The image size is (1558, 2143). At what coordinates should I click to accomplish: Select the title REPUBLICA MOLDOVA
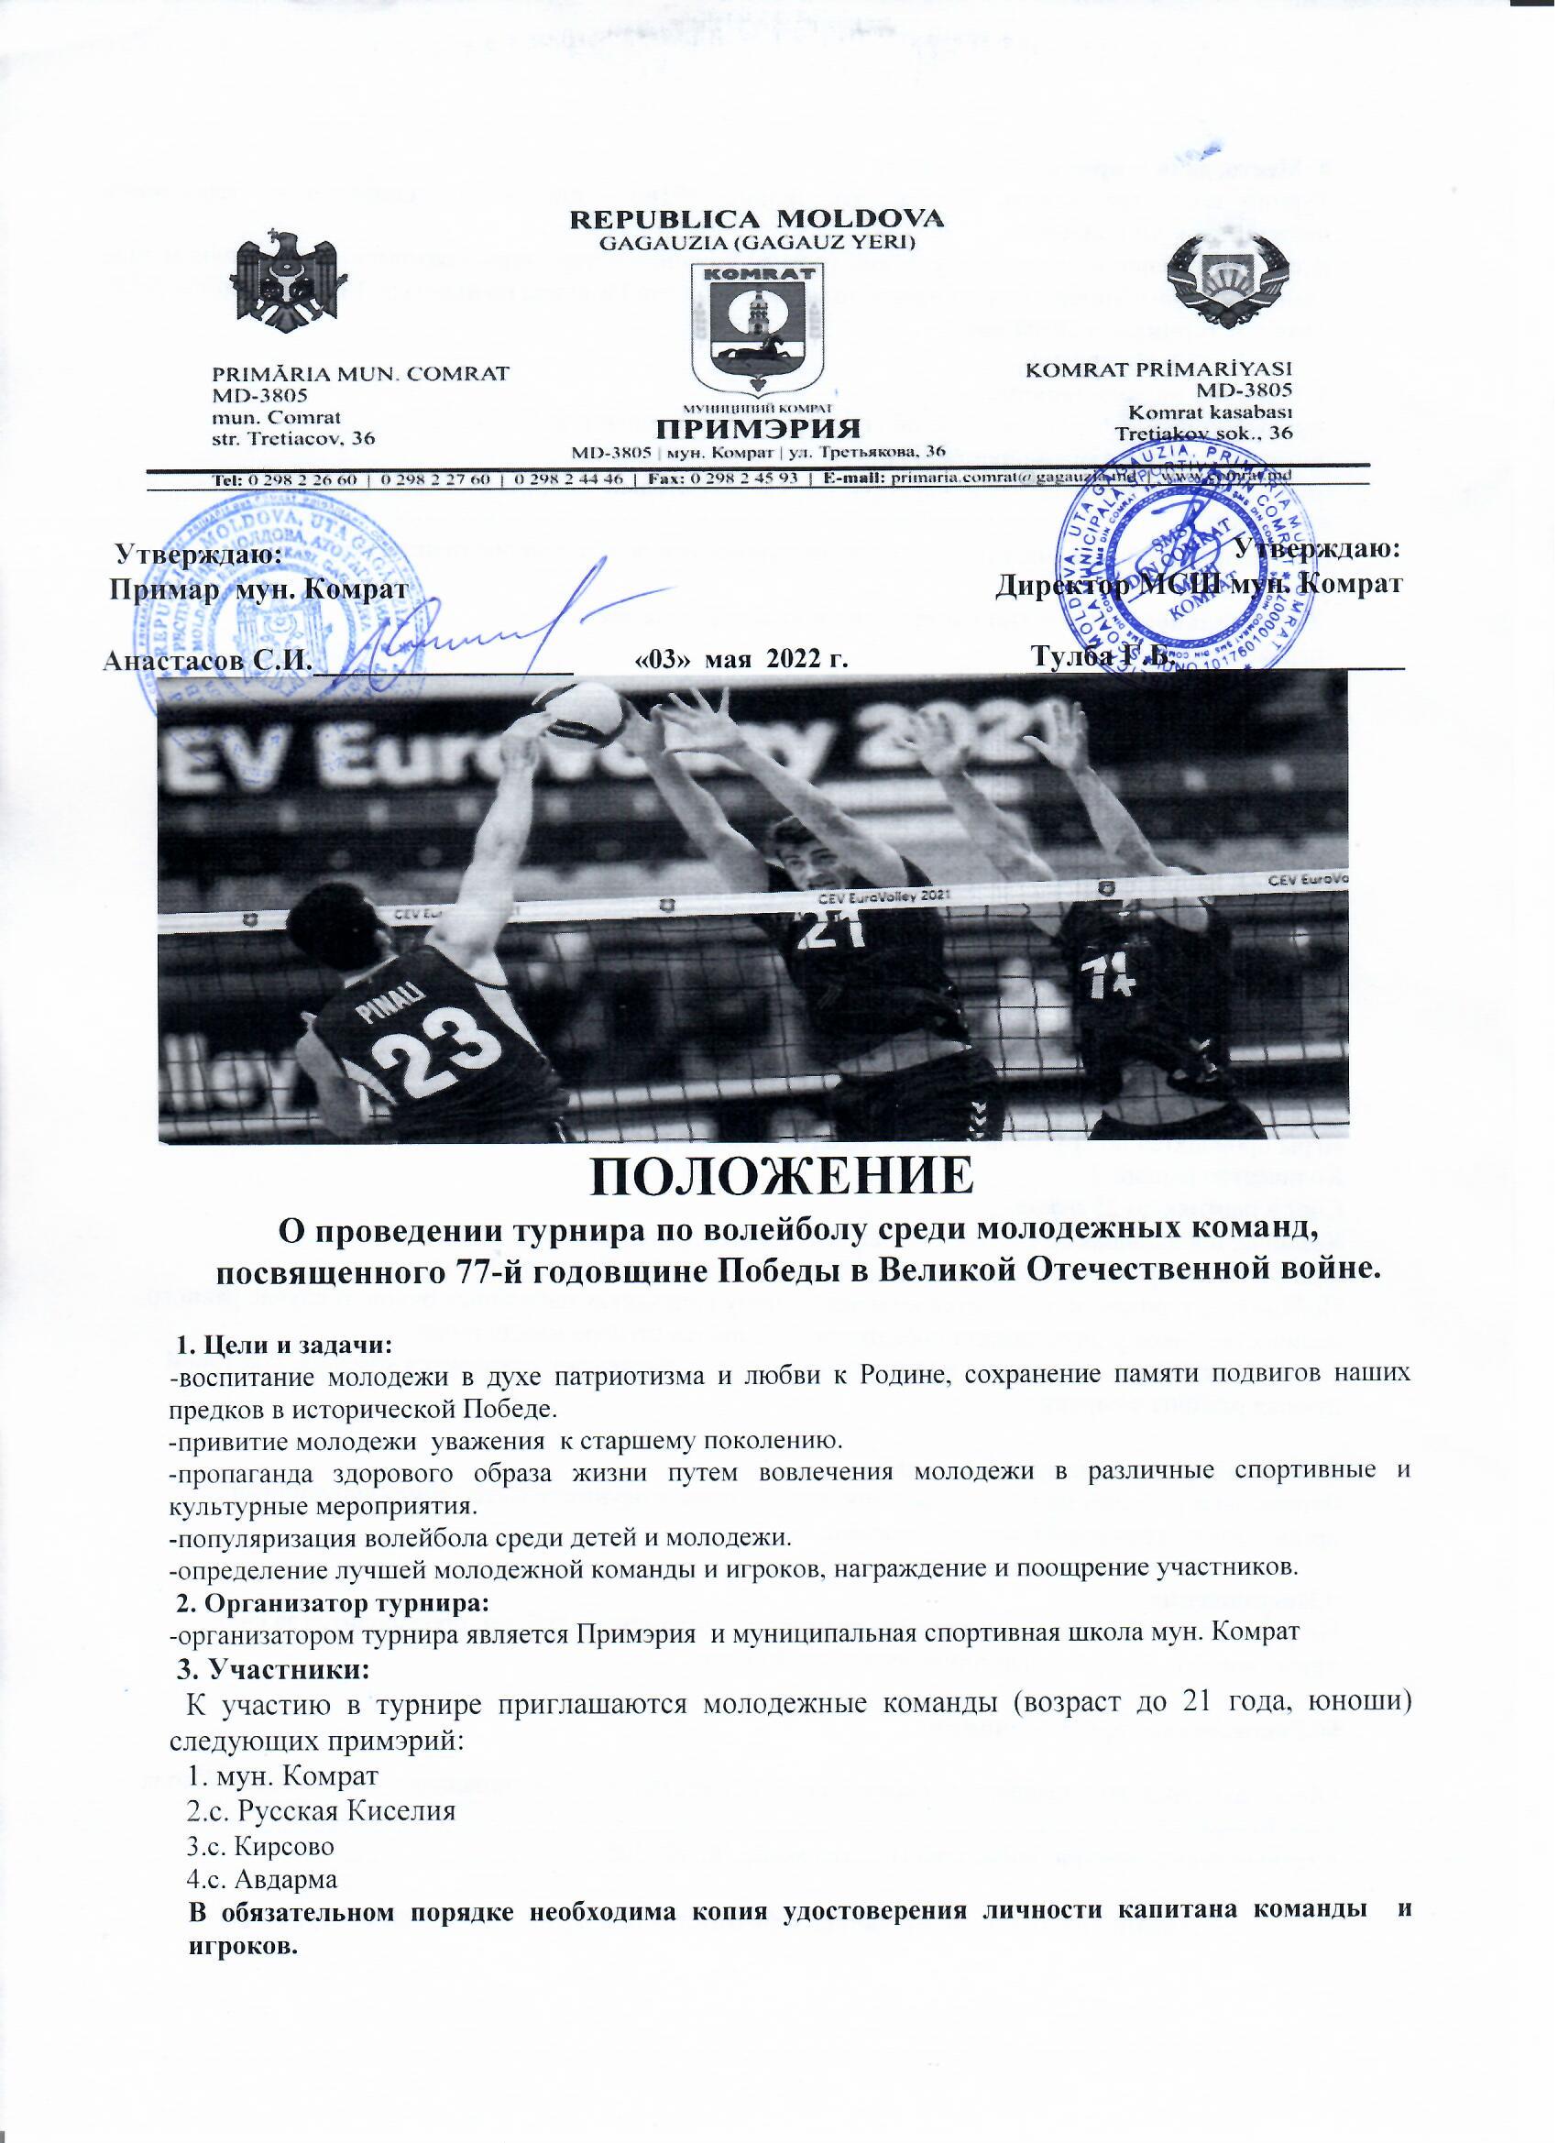click(755, 218)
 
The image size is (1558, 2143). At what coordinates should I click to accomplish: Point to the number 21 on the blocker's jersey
click(830, 931)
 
